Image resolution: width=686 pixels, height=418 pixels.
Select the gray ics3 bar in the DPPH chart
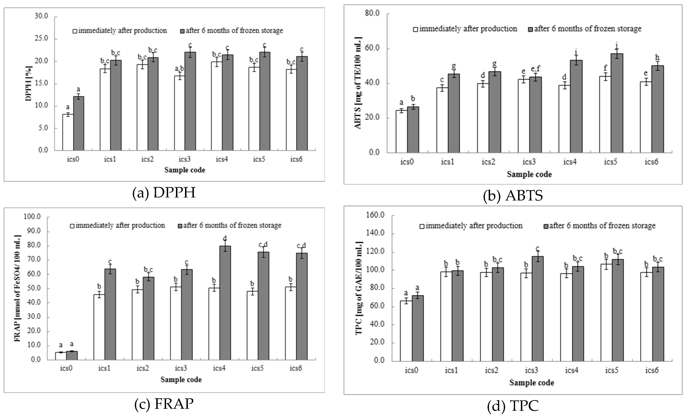190,102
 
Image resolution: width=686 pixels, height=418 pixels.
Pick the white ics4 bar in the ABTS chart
564,119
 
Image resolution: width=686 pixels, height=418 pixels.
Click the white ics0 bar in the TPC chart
406,331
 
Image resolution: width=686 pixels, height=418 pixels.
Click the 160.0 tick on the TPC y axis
376,215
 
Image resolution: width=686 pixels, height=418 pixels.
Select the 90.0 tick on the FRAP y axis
33,231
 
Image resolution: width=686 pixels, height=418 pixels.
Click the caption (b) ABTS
513,196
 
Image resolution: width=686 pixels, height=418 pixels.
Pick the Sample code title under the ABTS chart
529,175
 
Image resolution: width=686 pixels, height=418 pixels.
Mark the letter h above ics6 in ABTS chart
657,57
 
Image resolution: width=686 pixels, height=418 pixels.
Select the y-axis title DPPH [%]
29,83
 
